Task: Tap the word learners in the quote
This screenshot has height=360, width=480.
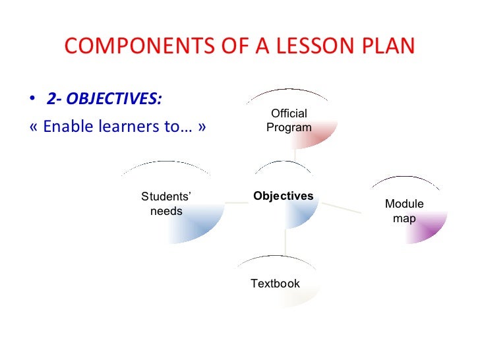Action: click(124, 125)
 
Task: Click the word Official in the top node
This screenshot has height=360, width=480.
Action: click(289, 114)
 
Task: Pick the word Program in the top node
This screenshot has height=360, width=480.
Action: click(289, 127)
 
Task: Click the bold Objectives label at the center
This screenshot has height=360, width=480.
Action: click(284, 196)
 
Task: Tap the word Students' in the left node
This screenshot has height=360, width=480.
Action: click(166, 197)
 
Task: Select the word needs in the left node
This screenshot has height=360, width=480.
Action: click(166, 211)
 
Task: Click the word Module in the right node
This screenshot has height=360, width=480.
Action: click(404, 204)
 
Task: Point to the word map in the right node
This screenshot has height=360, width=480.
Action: click(404, 218)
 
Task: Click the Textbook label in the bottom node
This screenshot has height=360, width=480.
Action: click(275, 284)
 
